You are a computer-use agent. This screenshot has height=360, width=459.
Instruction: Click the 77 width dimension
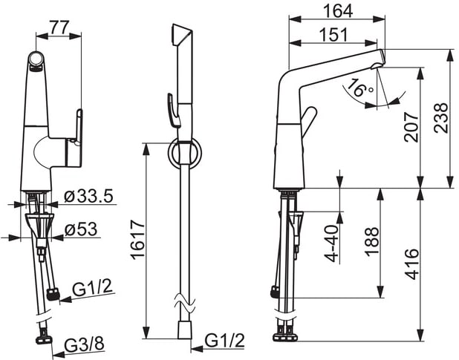[x=59, y=27]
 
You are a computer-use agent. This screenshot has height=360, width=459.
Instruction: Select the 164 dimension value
[x=337, y=11]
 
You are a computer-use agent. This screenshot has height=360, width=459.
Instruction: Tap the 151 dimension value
[x=333, y=35]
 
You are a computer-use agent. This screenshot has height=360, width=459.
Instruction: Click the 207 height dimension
[x=411, y=127]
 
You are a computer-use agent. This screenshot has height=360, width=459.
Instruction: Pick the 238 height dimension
[x=441, y=118]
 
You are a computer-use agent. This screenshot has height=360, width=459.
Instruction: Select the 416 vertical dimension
[x=411, y=264]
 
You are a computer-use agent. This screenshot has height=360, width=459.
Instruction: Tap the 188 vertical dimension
[x=371, y=241]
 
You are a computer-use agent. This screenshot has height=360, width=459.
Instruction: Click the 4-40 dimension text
[x=332, y=243]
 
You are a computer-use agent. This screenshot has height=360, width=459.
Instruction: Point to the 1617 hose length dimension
[x=138, y=240]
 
